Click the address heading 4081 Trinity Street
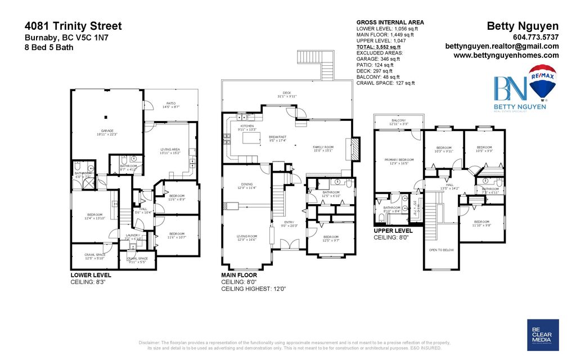tap(73, 26)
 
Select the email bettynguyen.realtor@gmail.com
tap(502, 46)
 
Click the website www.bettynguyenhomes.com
tap(506, 55)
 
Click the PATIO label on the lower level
tap(171, 104)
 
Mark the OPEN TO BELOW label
tap(441, 250)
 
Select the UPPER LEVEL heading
tap(393, 231)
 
